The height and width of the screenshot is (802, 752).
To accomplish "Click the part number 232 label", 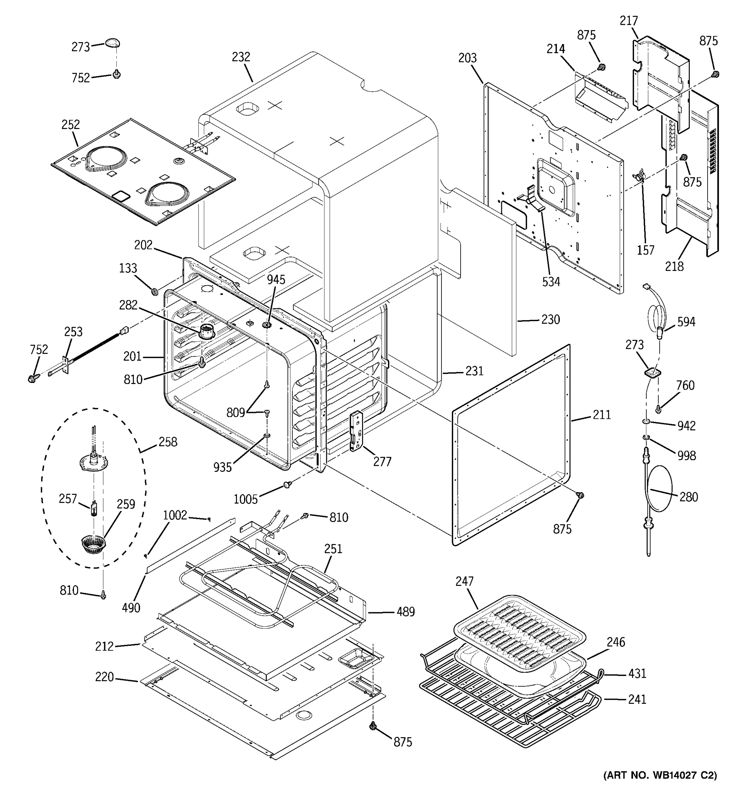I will tap(241, 57).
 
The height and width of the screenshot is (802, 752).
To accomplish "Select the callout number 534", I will tap(551, 282).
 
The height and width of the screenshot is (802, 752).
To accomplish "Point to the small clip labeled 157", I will tap(638, 176).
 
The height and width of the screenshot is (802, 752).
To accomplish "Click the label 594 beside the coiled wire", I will tap(686, 321).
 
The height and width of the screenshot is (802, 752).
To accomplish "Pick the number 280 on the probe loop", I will tap(688, 497).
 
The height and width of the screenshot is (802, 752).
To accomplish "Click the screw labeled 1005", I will tap(288, 484).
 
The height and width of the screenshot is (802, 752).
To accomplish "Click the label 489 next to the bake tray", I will tap(405, 612).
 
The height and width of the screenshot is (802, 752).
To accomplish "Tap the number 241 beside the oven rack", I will tap(637, 699).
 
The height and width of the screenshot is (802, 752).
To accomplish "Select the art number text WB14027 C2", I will tap(660, 775).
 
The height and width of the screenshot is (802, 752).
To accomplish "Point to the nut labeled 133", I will tap(154, 291).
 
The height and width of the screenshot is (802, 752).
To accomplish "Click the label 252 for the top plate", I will tap(71, 125).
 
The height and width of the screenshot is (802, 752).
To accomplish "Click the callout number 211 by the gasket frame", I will tap(602, 415).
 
